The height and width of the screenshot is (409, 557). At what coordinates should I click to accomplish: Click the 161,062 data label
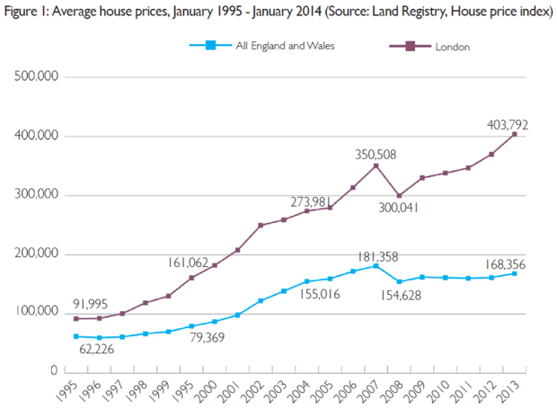pos(187,263)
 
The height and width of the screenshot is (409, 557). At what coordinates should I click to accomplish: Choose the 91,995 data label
pos(94,303)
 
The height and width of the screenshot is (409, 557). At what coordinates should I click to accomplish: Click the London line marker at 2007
pos(376,165)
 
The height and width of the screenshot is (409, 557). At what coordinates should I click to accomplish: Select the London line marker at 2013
pos(515,134)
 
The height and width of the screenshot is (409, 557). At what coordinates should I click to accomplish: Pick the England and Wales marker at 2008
pos(399,281)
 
